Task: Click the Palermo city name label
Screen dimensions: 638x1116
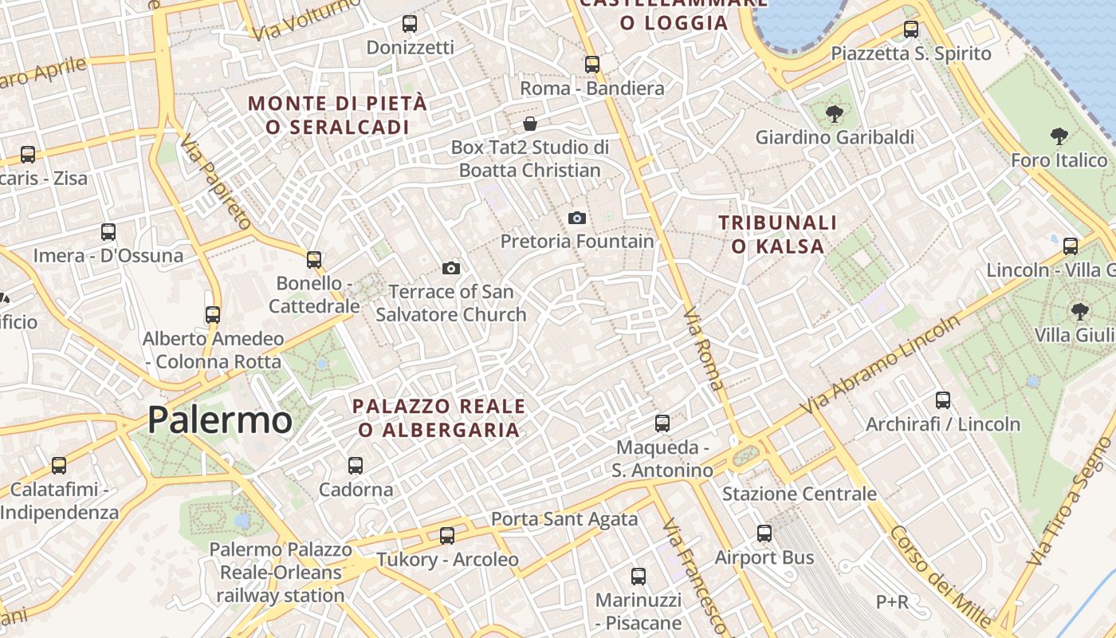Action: click(220, 420)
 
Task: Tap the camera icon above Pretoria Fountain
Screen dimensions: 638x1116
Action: click(577, 218)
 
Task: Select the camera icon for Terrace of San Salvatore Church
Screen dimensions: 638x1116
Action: click(451, 268)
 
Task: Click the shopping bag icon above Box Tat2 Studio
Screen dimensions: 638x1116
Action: click(529, 124)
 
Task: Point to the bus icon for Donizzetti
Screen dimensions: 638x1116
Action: click(410, 24)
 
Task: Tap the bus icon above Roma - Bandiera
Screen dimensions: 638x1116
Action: click(591, 65)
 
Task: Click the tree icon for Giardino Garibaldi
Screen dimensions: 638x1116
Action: click(835, 114)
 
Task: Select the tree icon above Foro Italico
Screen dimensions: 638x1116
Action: click(1059, 136)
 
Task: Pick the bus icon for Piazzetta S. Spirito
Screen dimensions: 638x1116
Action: click(911, 30)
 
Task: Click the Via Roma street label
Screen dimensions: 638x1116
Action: click(704, 349)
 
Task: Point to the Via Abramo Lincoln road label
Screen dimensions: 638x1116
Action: click(881, 364)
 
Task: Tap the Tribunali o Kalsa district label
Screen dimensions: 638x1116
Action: click(778, 234)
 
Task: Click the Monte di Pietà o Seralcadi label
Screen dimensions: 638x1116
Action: click(337, 115)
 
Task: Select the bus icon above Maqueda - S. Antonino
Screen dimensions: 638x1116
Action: click(662, 423)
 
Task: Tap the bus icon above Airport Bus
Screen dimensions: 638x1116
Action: click(764, 534)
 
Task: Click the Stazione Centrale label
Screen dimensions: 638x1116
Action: click(800, 494)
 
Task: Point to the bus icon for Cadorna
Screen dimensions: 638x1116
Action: click(356, 465)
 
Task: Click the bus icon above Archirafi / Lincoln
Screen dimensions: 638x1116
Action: click(943, 400)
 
